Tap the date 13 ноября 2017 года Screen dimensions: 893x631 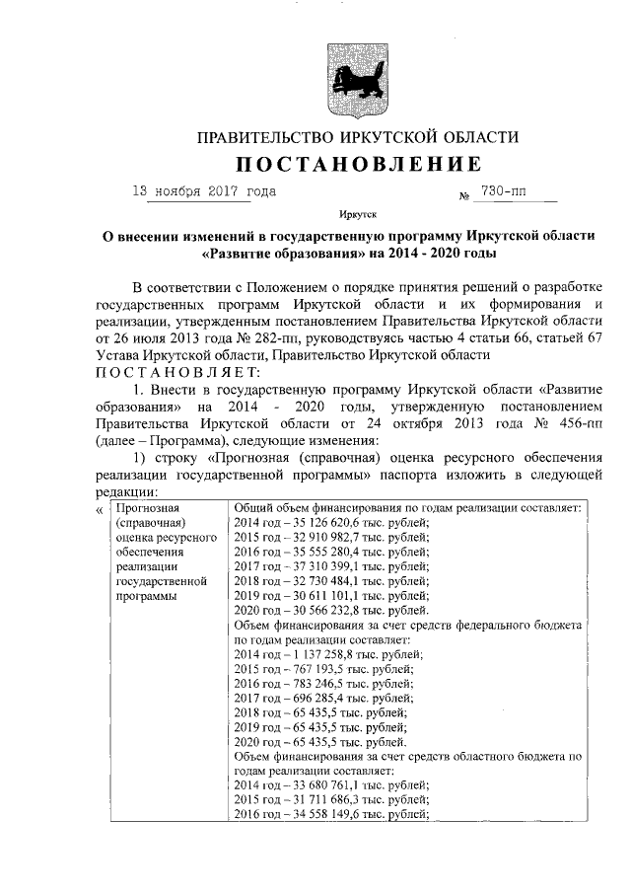coord(204,191)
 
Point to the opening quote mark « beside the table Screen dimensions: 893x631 coord(98,509)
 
